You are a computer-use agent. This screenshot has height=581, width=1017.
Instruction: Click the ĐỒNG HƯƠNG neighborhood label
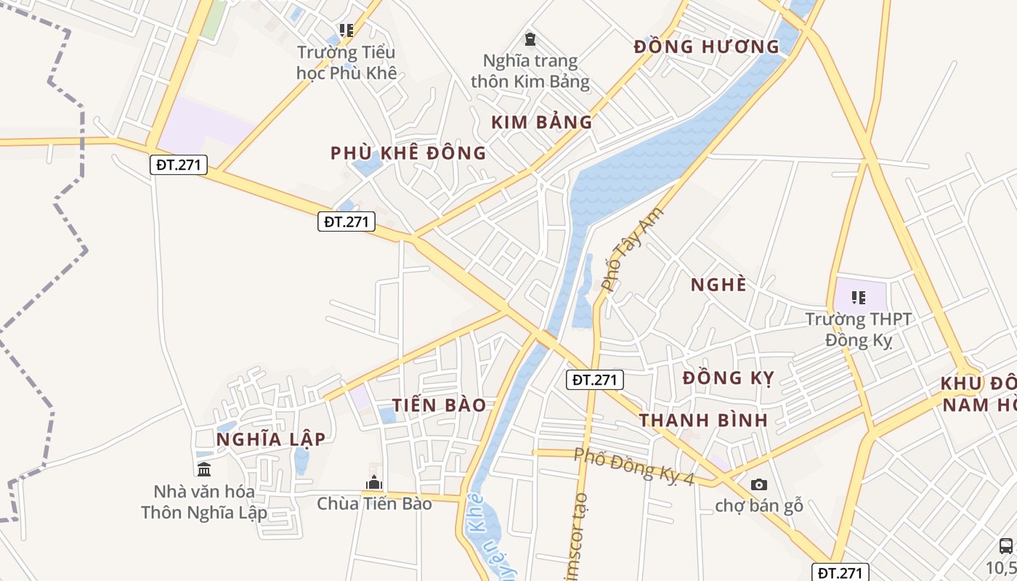click(x=706, y=47)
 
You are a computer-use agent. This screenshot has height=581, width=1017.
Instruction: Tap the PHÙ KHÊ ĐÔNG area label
click(x=408, y=153)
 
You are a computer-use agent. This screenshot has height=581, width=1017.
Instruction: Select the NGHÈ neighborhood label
click(x=718, y=285)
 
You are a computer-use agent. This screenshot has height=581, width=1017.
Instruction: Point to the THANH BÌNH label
click(x=703, y=420)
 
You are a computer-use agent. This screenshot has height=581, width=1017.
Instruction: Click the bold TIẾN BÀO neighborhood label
click(x=439, y=405)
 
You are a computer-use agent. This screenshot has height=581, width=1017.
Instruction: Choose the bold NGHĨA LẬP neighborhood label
click(x=271, y=439)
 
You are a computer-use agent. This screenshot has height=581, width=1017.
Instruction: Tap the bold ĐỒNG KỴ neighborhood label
click(x=729, y=378)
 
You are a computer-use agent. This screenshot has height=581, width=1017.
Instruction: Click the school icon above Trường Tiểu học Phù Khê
click(x=347, y=31)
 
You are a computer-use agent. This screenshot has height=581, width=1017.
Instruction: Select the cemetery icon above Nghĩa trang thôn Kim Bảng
click(x=530, y=38)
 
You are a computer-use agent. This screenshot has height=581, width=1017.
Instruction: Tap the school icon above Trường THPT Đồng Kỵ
click(x=859, y=298)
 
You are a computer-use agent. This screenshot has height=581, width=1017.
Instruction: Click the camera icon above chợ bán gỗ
click(x=758, y=484)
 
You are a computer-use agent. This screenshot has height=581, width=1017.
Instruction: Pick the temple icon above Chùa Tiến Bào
click(x=374, y=482)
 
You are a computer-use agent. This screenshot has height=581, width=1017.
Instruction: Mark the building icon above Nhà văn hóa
click(x=204, y=469)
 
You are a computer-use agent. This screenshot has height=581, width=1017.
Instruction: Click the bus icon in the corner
click(x=1006, y=546)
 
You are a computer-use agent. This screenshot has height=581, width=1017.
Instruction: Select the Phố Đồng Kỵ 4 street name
click(x=634, y=466)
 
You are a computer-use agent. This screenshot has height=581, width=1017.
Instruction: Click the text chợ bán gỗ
click(x=759, y=505)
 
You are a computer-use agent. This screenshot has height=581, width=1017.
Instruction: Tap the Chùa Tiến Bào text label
click(x=374, y=503)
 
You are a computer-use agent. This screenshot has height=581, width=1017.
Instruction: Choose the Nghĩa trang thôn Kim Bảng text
click(x=530, y=70)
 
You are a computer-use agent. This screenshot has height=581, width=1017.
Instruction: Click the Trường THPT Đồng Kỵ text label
click(x=859, y=329)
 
